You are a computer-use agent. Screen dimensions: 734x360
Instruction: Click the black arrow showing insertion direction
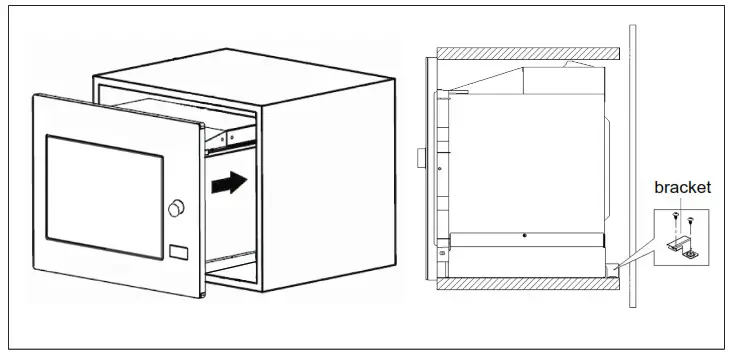[229, 183]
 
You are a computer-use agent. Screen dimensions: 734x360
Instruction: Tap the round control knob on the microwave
[178, 208]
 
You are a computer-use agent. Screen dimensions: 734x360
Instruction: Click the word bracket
[682, 188]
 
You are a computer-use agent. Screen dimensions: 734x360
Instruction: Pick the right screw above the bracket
[692, 219]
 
